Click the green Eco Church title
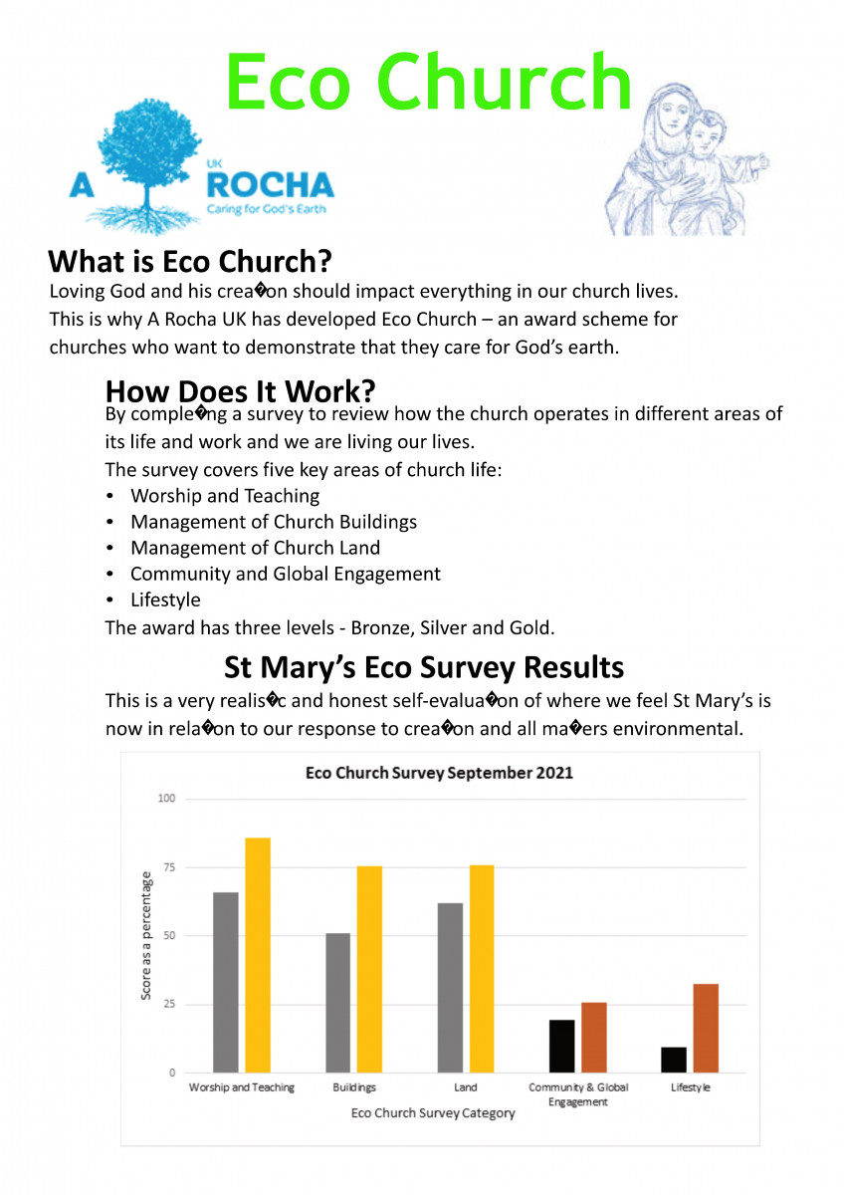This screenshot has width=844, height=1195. coord(429,82)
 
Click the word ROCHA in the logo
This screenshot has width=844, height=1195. coord(269,184)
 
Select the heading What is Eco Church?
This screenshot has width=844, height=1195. coord(189,262)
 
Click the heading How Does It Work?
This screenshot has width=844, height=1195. coord(240,388)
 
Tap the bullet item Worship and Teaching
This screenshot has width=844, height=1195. coord(225,495)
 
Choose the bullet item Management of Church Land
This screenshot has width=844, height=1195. coord(255,548)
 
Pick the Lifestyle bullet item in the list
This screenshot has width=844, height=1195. coord(165,599)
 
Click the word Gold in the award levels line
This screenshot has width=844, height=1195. coord(532,627)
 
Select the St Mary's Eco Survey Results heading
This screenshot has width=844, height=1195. coord(424,666)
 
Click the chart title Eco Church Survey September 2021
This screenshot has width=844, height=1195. coord(439,773)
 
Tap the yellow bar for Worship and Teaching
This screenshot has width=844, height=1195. coord(258,955)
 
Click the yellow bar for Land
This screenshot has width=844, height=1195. coord(482,968)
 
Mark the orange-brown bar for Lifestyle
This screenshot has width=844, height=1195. coord(706,1028)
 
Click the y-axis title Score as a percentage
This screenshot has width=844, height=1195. coord(146,935)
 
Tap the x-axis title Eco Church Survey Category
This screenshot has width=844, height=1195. coord(433,1113)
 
